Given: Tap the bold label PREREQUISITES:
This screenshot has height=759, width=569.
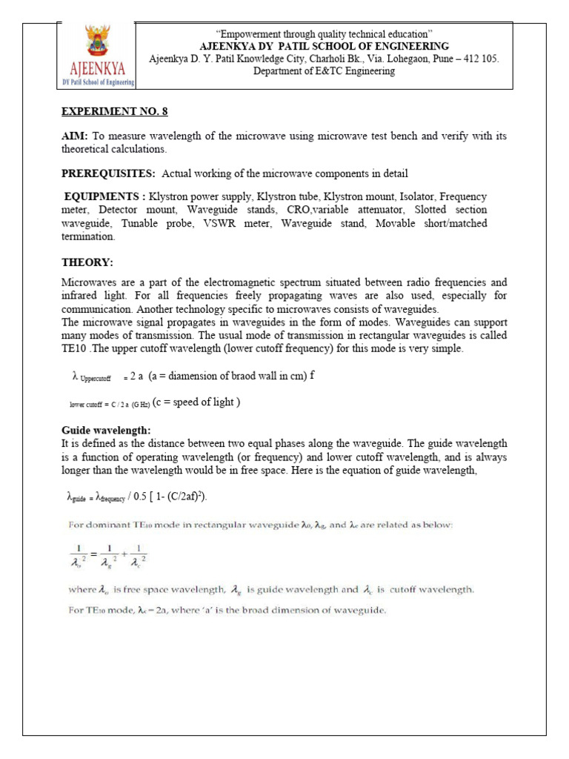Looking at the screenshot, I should (107, 174).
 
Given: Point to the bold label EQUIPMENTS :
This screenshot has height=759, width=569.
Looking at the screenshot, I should (104, 197).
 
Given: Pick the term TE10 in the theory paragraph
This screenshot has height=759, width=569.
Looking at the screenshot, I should (72, 349).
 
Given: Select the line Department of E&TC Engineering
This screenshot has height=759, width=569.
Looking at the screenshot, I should (324, 71).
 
